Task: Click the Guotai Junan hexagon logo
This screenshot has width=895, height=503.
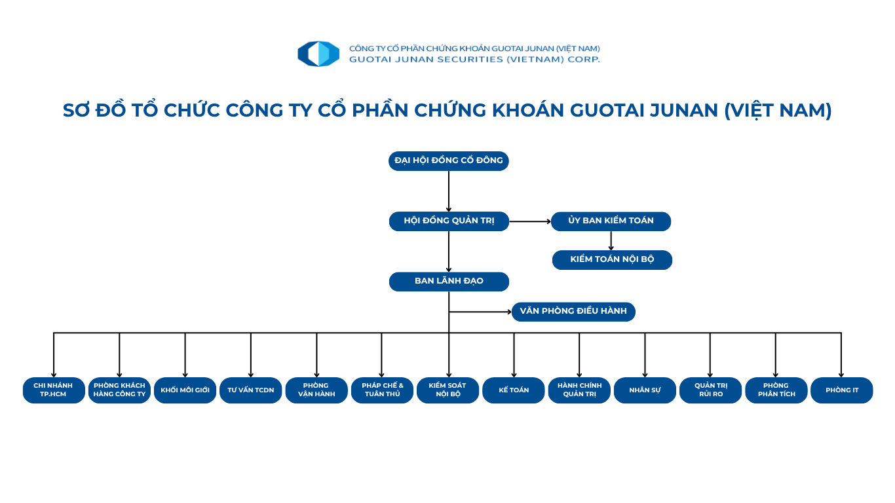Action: [x=318, y=54]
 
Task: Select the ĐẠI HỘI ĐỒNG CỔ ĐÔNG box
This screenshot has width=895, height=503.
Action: [x=449, y=160]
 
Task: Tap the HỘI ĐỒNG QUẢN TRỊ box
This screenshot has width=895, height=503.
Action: [x=449, y=221]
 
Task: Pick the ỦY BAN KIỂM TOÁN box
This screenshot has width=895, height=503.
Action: [x=611, y=221]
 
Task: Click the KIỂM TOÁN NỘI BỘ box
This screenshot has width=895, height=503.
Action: [x=612, y=259]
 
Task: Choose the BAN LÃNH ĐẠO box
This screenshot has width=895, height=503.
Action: [x=449, y=282]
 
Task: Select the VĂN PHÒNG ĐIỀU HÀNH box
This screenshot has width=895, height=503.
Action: [x=573, y=312]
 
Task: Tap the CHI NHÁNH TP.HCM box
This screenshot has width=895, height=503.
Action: [x=54, y=390]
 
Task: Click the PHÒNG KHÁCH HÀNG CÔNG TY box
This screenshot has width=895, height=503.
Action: [x=119, y=390]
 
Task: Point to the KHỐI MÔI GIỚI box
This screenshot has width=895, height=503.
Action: [x=185, y=390]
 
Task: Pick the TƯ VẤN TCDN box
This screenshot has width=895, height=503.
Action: [x=251, y=390]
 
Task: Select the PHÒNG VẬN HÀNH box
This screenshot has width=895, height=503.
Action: [x=316, y=390]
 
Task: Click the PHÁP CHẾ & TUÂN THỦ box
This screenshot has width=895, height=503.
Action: [x=382, y=390]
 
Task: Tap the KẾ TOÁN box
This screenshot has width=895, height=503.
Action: [x=514, y=390]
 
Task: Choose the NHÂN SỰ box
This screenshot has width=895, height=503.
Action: [x=645, y=390]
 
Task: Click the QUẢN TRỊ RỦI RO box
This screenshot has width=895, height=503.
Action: [x=711, y=390]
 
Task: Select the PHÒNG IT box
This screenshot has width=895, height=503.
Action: [x=842, y=390]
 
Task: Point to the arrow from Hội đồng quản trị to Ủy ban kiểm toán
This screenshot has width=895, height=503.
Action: [x=530, y=221]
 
